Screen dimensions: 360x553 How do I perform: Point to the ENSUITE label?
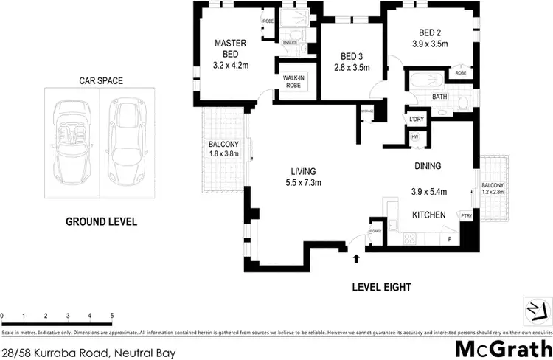pos(290,44)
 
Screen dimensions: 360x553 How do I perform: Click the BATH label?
pos(439,97)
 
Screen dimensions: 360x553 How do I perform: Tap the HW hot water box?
pos(414,136)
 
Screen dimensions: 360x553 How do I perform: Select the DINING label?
pos(428,167)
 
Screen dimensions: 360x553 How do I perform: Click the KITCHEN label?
pos(428,215)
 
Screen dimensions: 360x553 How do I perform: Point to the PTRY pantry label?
pos(466,215)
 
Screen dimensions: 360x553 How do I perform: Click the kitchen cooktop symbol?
pos(411,238)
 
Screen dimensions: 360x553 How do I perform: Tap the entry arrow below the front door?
pos(357,258)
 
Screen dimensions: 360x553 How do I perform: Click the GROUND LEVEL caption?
pos(101,221)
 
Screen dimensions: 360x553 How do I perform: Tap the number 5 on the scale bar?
pos(112,316)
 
